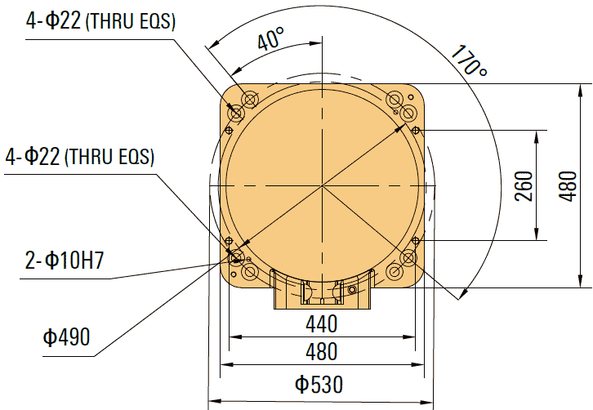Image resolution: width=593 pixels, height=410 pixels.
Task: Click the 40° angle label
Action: click(x=270, y=38)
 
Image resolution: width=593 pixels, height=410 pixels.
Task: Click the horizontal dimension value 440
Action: click(x=322, y=324)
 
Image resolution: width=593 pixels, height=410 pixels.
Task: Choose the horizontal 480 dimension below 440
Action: click(x=322, y=351)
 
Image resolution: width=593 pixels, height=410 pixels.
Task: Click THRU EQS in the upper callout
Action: click(x=131, y=23)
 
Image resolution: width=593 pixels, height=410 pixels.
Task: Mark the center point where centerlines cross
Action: click(x=323, y=186)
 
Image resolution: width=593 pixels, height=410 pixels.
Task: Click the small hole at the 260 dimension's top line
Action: click(x=416, y=131)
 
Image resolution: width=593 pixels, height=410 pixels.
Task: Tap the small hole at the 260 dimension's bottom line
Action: click(x=416, y=240)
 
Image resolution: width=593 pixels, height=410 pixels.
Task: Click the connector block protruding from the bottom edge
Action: click(x=323, y=292)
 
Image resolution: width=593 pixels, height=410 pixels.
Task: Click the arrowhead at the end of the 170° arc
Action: click(x=465, y=295)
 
